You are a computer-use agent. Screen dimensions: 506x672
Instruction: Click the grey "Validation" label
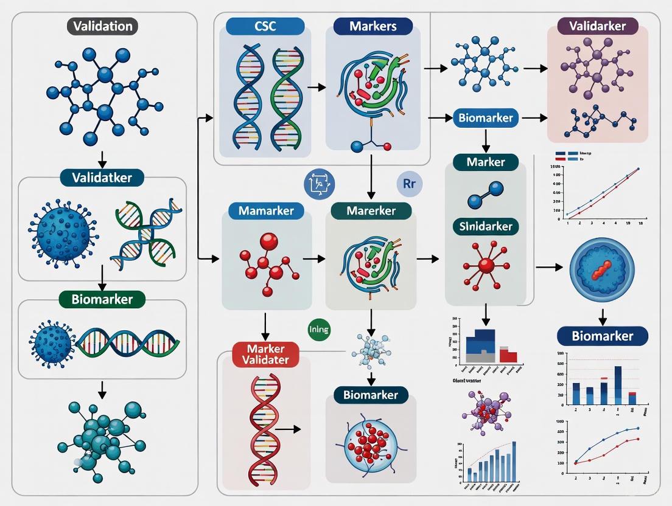click(x=102, y=27)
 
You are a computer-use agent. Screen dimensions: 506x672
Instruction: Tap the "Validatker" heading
click(x=102, y=178)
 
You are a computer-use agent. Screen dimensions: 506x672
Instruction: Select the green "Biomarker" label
click(x=102, y=299)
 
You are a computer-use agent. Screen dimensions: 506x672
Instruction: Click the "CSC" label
click(x=265, y=27)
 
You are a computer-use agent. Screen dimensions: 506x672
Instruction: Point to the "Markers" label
click(x=373, y=27)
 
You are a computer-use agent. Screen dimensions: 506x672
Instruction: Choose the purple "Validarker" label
click(x=597, y=26)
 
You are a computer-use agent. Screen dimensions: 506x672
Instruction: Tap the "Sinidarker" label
click(x=486, y=227)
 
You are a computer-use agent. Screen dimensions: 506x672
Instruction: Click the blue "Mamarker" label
click(x=267, y=212)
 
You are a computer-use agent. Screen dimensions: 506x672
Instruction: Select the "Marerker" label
click(x=371, y=212)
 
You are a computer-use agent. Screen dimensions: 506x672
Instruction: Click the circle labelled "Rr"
click(x=408, y=184)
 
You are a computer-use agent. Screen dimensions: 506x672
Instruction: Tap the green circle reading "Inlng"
click(x=319, y=330)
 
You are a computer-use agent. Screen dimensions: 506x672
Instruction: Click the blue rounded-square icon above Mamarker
click(x=319, y=184)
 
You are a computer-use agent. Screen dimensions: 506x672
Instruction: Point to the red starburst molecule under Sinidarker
click(x=485, y=265)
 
